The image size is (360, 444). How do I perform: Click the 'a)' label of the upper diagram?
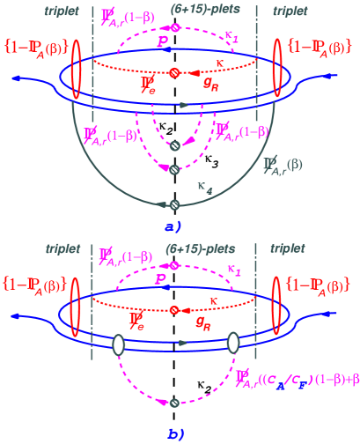point(173,226)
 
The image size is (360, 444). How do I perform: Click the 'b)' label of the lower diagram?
point(173,434)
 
